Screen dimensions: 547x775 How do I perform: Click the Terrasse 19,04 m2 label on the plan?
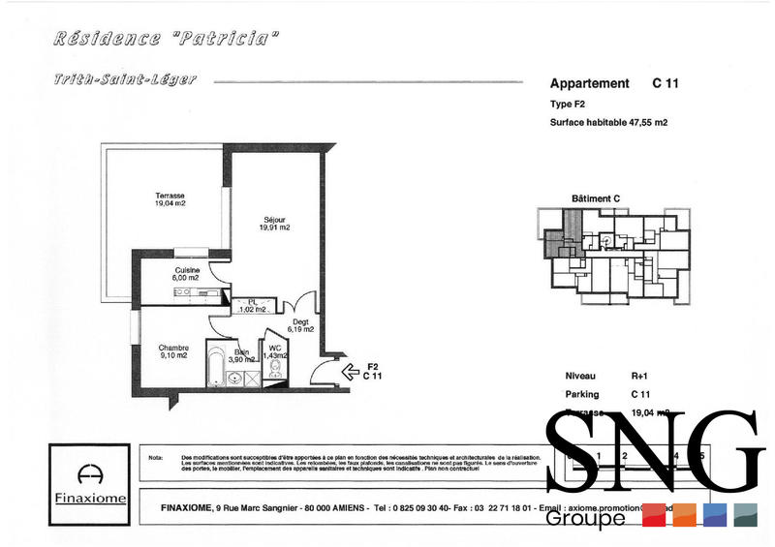tap(170, 199)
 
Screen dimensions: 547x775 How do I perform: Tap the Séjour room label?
tap(274, 224)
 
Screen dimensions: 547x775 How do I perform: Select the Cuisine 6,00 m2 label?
tap(187, 274)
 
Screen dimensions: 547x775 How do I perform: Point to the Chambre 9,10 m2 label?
tap(174, 350)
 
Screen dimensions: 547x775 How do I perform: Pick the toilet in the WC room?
tap(277, 370)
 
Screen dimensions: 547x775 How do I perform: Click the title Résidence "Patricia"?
tap(167, 40)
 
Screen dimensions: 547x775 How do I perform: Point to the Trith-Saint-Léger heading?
tap(125, 80)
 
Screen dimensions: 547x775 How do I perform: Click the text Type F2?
tap(568, 104)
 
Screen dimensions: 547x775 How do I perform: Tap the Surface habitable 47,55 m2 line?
tap(609, 123)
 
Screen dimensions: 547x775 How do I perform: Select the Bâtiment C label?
tap(596, 198)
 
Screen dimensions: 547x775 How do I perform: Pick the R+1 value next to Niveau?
tap(640, 376)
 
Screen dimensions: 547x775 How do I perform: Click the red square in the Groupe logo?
tap(654, 515)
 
